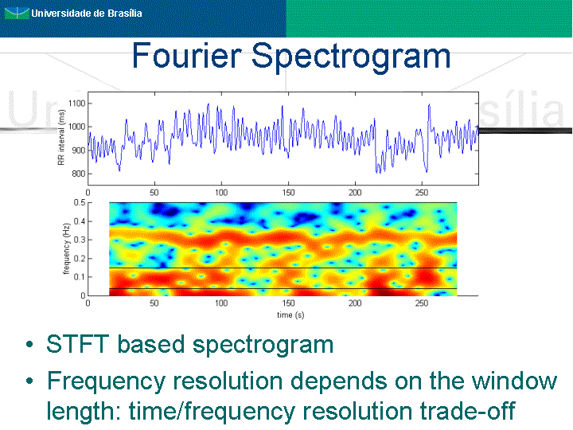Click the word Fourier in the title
click(x=186, y=55)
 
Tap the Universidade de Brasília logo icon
click(x=17, y=14)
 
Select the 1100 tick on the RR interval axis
click(x=76, y=104)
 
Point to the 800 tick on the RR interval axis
click(x=79, y=174)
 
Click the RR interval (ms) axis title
click(x=61, y=137)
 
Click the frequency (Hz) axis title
click(x=66, y=248)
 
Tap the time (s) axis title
click(x=290, y=315)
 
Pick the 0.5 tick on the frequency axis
click(x=80, y=202)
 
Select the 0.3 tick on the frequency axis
click(x=80, y=240)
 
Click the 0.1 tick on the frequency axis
click(x=80, y=277)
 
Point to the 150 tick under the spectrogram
click(x=288, y=303)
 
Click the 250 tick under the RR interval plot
click(x=422, y=193)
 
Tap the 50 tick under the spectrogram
click(x=154, y=303)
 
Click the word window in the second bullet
click(x=514, y=381)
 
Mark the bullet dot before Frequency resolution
click(x=30, y=381)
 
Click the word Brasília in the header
click(x=125, y=14)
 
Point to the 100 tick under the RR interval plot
click(x=221, y=193)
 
